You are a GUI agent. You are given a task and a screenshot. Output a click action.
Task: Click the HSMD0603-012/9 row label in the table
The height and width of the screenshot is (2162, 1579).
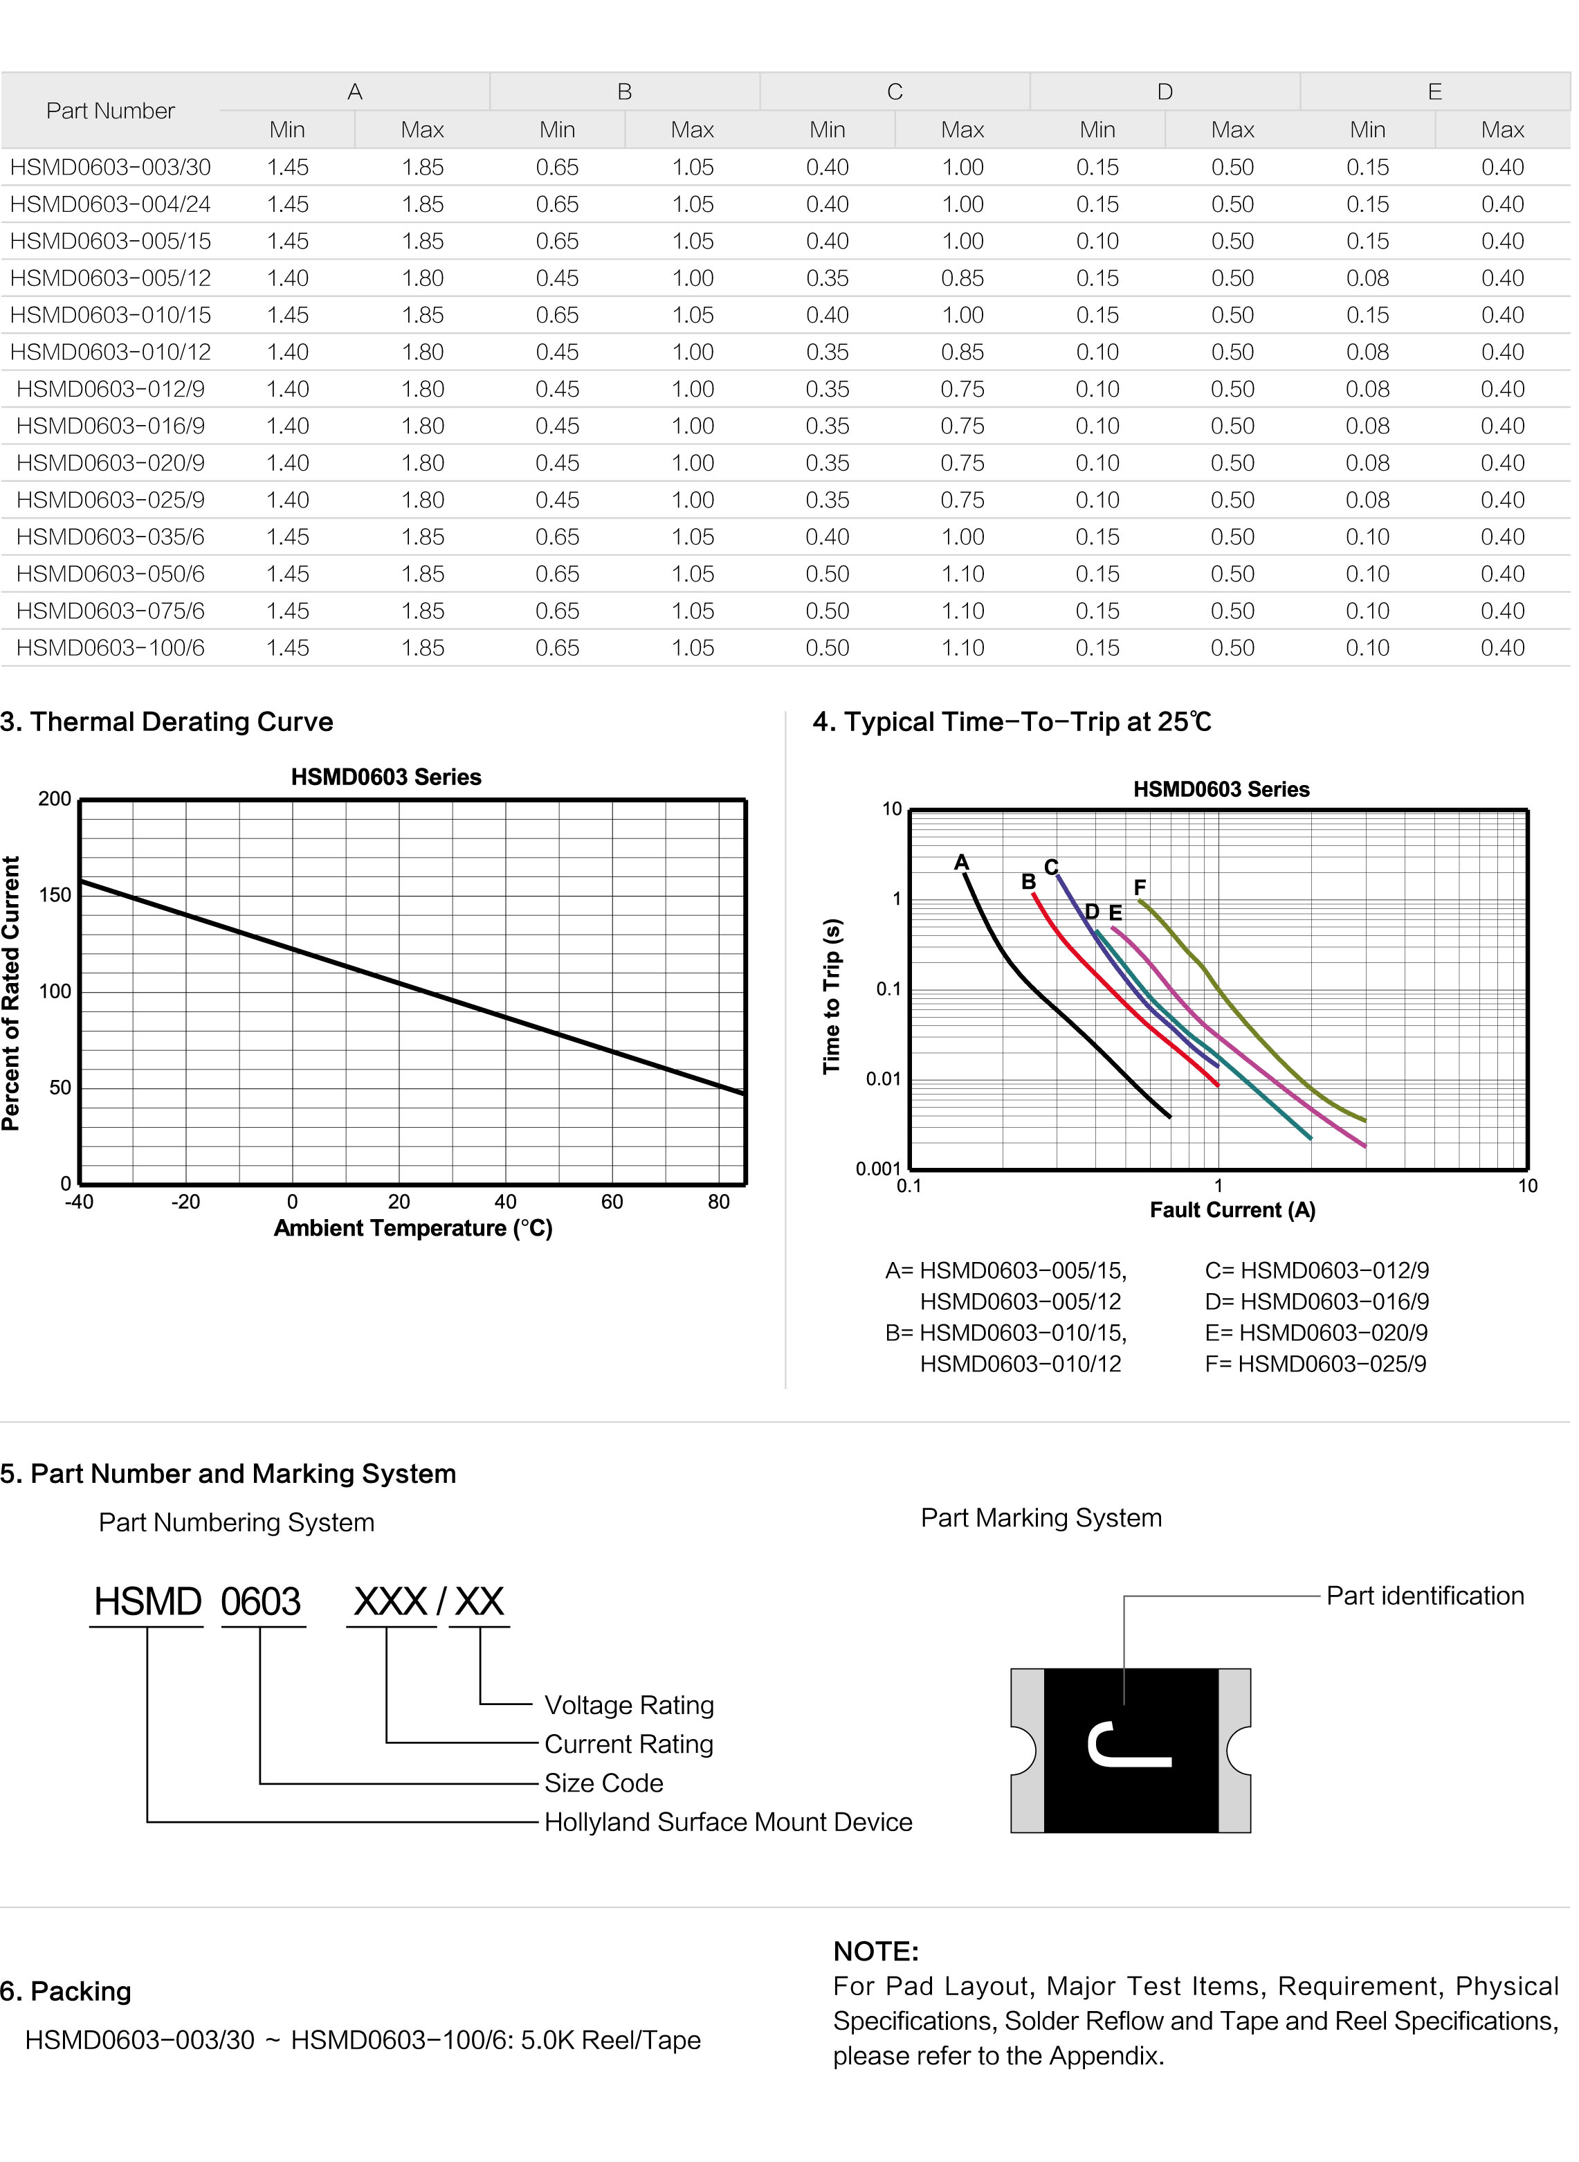(110, 389)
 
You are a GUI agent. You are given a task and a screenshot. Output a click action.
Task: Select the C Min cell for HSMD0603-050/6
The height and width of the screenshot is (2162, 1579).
(827, 574)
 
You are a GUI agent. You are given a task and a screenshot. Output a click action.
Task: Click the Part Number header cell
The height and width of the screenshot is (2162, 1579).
(110, 111)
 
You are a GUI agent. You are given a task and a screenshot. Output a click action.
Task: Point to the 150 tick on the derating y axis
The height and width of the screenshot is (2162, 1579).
(55, 895)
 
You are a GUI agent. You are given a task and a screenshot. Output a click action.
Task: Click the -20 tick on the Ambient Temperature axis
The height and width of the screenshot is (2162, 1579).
(185, 1202)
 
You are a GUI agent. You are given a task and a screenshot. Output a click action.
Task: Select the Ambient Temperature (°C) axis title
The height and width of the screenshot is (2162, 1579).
(413, 1229)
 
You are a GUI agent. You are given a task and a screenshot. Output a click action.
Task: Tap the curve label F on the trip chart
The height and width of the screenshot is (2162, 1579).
(1140, 888)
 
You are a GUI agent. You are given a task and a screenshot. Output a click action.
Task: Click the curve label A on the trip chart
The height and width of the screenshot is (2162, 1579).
(962, 863)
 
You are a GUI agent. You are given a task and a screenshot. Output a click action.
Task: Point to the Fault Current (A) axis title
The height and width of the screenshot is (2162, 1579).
(1232, 1211)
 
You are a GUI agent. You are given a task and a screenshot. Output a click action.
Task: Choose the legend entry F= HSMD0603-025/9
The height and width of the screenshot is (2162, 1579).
(1315, 1364)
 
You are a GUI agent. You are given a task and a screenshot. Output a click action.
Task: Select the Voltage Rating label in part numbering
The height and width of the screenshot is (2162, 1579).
(629, 1706)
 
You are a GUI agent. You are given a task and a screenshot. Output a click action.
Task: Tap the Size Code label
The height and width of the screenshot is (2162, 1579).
(603, 1783)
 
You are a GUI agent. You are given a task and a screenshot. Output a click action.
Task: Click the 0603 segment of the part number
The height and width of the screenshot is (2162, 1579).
(261, 1603)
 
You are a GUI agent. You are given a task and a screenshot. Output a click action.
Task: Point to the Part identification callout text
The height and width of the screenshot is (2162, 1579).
(1424, 1596)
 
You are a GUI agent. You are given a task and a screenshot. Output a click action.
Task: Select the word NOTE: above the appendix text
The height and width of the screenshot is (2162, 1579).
(875, 1952)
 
